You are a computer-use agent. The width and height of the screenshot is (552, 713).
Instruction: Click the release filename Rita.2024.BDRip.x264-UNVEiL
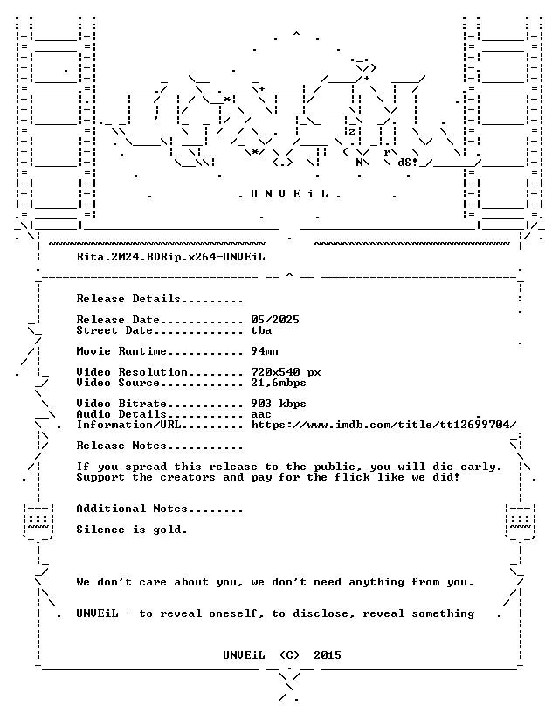170,257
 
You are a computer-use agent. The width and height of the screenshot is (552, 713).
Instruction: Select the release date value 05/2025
275,320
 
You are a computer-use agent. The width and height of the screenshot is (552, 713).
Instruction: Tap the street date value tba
261,330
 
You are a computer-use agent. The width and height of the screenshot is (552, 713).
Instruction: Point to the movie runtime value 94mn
265,351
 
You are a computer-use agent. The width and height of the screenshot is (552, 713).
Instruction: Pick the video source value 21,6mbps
279,383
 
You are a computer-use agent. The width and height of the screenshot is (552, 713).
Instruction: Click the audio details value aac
261,414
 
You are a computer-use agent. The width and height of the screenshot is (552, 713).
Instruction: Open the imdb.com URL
383,425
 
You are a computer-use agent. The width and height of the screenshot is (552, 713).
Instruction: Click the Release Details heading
128,299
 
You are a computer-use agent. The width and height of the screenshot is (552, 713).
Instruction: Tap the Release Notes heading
121,446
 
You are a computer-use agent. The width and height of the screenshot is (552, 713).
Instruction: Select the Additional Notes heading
132,509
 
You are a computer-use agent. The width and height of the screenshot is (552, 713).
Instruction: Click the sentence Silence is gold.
132,530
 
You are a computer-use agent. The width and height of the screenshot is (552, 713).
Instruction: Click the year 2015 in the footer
328,655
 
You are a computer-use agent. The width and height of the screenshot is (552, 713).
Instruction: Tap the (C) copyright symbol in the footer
290,655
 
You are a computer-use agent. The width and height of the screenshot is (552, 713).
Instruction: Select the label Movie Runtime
121,351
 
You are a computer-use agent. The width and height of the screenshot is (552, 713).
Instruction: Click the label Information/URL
128,425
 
